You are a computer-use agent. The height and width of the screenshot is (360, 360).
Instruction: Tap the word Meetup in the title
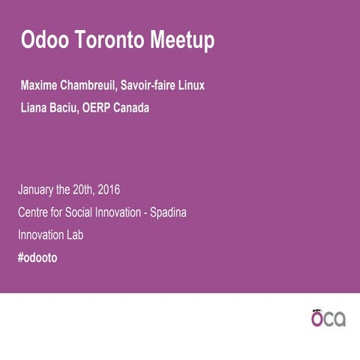(178, 40)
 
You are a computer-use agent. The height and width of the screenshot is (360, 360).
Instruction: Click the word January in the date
(38, 190)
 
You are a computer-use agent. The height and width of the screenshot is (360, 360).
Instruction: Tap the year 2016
(107, 190)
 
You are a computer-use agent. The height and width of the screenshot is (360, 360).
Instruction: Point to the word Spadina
(167, 212)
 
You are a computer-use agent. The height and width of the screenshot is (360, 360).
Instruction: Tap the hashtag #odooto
(37, 257)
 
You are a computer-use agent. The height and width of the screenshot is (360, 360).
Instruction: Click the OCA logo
(328, 318)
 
